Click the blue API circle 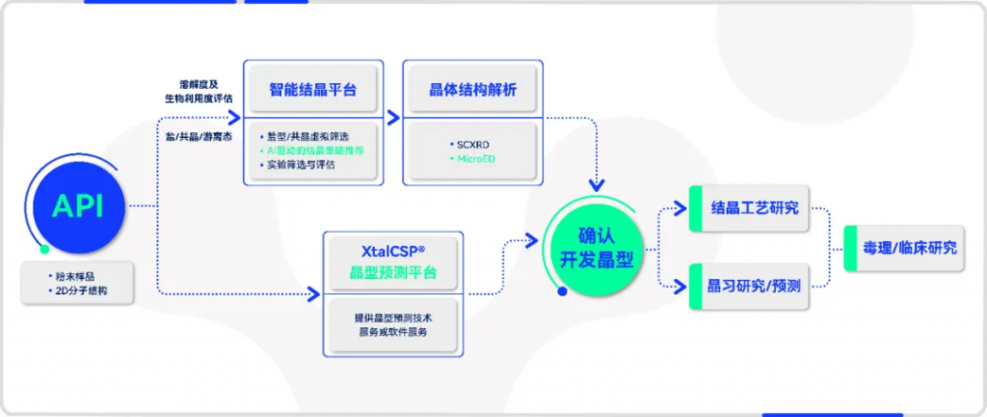tap(77, 206)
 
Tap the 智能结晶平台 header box tap(313, 90)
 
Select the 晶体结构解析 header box tap(472, 90)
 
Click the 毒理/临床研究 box tap(909, 247)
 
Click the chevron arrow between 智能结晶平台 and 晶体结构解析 tap(393, 117)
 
